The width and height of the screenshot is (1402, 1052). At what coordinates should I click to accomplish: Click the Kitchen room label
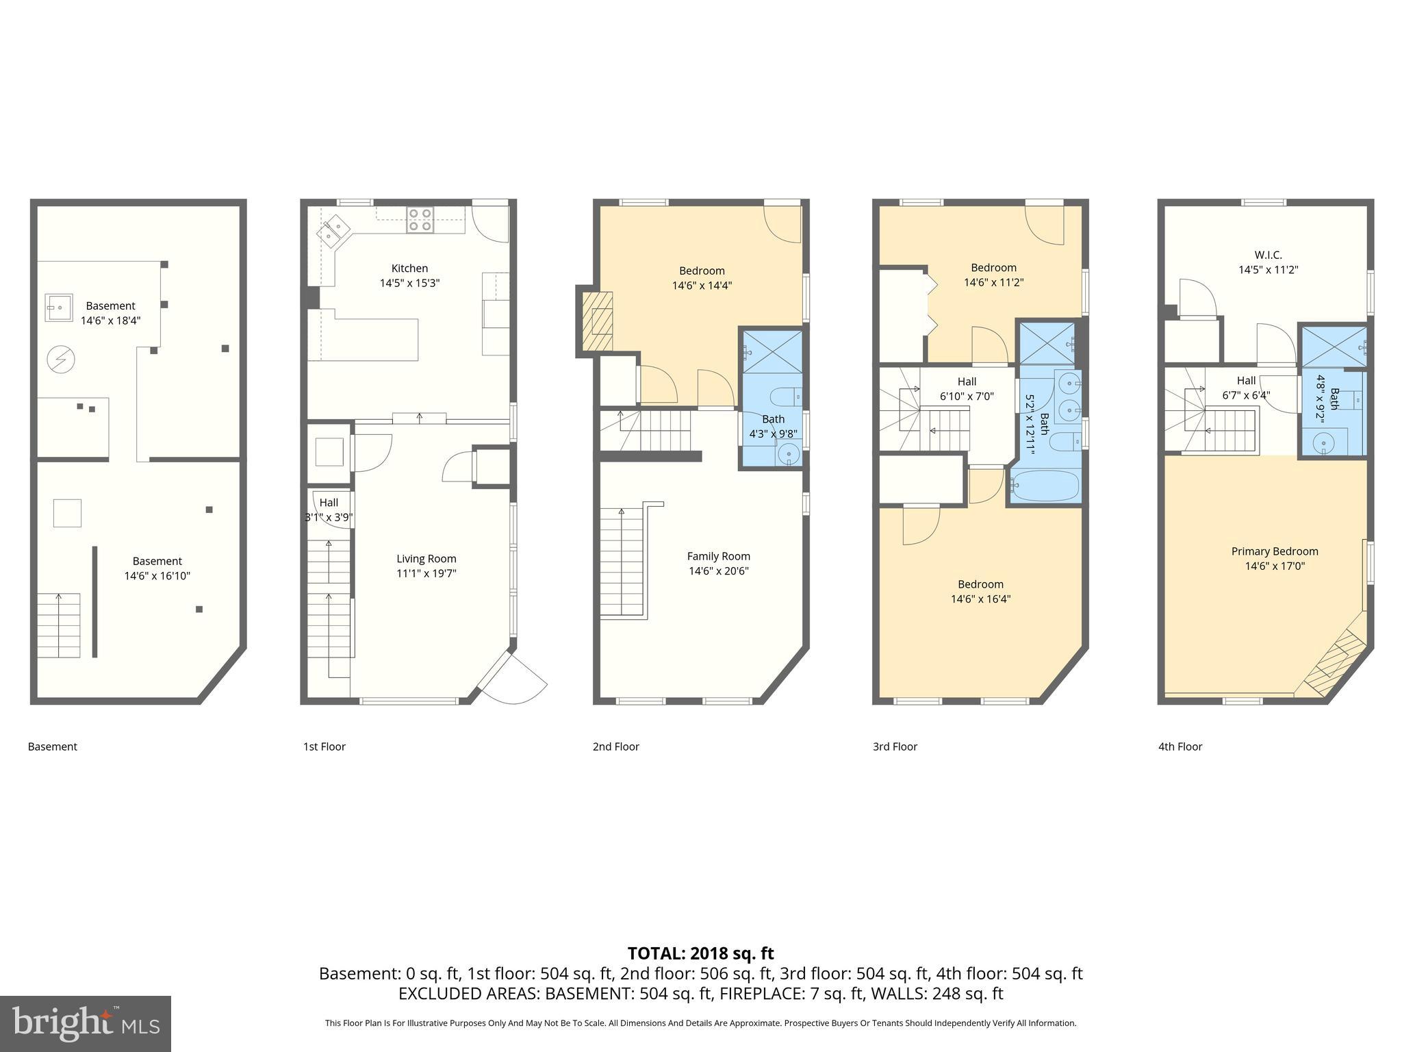click(409, 268)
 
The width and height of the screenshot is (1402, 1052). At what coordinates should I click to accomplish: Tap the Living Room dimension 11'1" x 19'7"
click(426, 573)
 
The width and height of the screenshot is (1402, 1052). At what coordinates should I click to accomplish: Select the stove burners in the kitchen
click(420, 219)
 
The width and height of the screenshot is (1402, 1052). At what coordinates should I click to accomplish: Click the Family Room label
click(718, 556)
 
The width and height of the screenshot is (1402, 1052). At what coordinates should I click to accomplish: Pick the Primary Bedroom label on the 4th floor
click(1274, 551)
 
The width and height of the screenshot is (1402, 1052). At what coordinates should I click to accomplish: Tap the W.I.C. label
click(1269, 255)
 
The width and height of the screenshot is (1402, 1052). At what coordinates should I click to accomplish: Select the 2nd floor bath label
click(773, 419)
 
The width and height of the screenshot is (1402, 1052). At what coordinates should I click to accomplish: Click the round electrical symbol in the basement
click(60, 359)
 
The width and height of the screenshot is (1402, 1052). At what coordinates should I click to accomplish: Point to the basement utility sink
click(59, 308)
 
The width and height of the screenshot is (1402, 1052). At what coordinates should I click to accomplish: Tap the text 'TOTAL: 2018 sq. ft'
click(700, 953)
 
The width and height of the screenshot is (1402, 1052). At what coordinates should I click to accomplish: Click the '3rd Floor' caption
click(895, 747)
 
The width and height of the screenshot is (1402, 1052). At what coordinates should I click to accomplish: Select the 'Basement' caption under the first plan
click(53, 747)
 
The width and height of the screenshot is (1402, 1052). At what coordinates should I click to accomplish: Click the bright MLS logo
click(85, 1023)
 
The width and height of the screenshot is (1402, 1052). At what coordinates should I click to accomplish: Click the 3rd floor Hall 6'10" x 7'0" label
click(967, 389)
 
